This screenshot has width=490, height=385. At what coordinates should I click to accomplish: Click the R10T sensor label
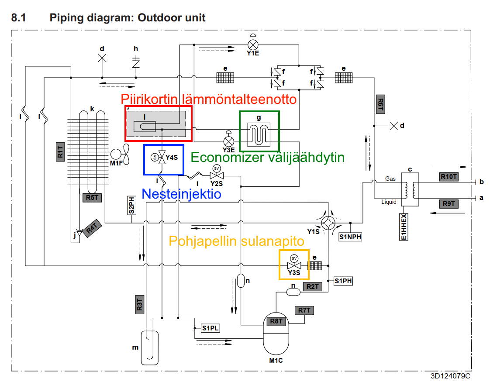449,177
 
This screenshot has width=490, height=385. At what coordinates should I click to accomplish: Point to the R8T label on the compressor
276,322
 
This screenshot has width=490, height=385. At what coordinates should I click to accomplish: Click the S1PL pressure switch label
210,328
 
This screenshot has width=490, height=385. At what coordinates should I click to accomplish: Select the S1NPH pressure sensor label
350,237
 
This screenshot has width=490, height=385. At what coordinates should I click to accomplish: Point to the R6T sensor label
380,105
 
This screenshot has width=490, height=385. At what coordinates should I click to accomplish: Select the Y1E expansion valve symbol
253,45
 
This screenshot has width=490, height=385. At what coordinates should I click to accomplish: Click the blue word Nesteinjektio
181,194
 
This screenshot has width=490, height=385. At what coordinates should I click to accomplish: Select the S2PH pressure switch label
131,206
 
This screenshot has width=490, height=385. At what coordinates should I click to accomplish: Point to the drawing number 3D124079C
450,376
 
